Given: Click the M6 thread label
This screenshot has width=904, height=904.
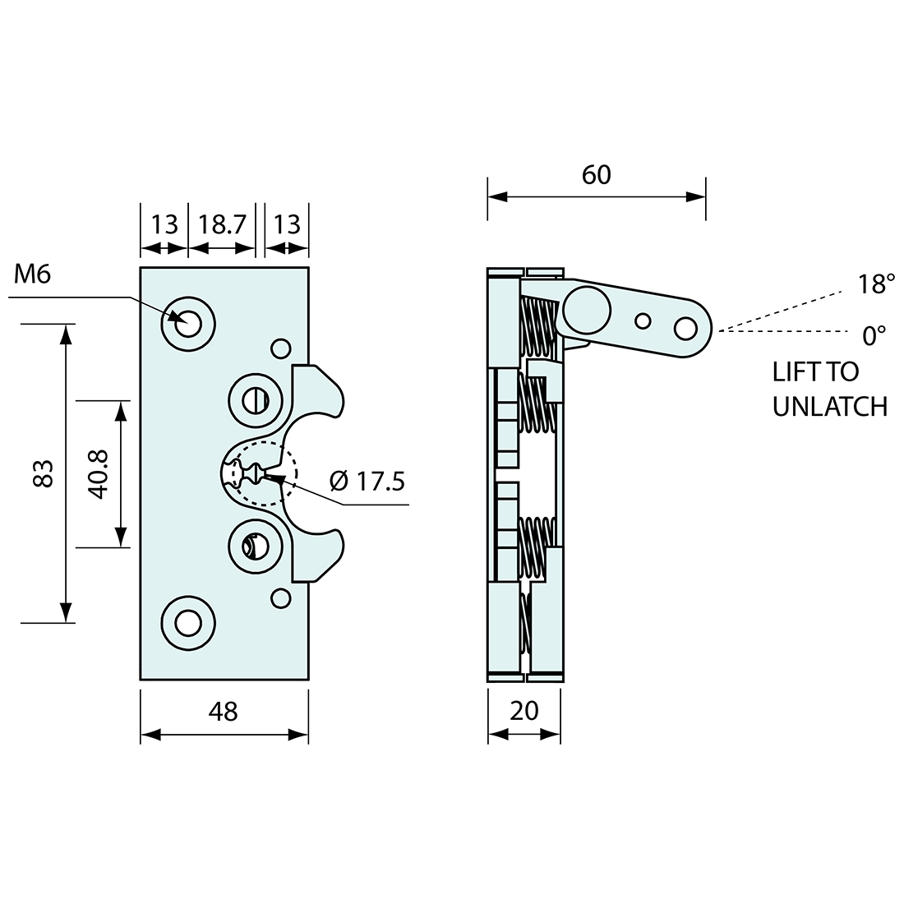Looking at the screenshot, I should pos(33,274).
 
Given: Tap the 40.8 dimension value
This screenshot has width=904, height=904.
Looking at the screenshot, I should pos(98,474).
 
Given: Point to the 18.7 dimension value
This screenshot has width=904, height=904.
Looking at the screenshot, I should pos(222,224).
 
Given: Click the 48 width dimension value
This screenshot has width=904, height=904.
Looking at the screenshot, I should pos(224,712).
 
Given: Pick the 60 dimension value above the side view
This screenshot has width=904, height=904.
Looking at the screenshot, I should pos(597,175).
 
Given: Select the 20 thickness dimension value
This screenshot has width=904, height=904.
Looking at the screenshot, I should pos(523,712).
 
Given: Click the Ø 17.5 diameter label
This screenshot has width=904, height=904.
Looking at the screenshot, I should pos(367,480).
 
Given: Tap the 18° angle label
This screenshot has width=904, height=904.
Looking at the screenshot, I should pos(876,284).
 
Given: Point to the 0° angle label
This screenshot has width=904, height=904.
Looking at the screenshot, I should pos(874,335).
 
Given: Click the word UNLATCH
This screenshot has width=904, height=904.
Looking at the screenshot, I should pos(829,406).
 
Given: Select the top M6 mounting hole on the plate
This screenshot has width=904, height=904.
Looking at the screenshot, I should pos(189,323).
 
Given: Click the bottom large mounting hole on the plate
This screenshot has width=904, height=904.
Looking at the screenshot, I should pos(189,624).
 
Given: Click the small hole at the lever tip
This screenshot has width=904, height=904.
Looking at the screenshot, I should pos(684,329).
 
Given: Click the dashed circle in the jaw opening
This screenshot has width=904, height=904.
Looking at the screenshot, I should pos(263,474).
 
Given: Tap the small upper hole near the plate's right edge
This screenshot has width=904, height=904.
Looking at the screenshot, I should pos(281,348).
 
